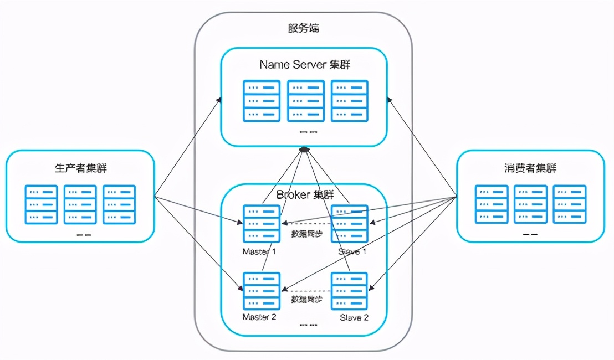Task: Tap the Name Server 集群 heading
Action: (x=304, y=65)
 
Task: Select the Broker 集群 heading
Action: (x=305, y=194)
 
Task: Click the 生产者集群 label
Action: (x=81, y=168)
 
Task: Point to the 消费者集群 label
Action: (x=531, y=168)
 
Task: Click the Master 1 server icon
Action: (x=262, y=223)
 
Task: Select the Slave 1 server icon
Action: (x=349, y=223)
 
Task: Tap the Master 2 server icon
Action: (x=262, y=291)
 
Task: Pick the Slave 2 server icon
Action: (x=349, y=291)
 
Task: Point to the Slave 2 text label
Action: (x=354, y=318)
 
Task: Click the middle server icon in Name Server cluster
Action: (x=306, y=101)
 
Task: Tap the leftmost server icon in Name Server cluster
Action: (x=262, y=101)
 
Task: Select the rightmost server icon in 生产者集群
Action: (x=119, y=204)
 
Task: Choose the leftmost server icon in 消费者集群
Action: (x=492, y=204)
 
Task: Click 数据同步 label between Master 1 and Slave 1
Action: (x=307, y=234)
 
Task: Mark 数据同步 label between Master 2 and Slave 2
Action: (x=307, y=300)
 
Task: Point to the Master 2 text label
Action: (x=259, y=317)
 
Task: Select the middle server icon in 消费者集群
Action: (x=530, y=204)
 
